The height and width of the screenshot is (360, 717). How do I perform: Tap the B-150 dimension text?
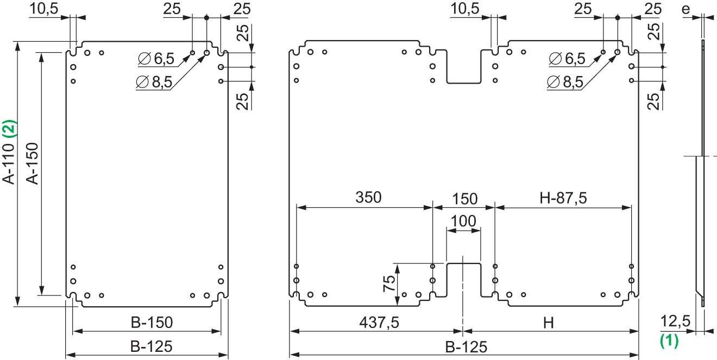[x=147, y=323]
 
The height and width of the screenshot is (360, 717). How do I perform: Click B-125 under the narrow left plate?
[x=147, y=346]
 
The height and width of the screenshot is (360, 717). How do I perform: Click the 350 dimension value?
[x=368, y=198]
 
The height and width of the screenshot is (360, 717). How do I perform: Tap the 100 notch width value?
[x=463, y=222]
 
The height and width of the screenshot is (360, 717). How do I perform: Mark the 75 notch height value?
[x=389, y=283]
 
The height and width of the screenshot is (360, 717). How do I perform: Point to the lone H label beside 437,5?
[x=549, y=323]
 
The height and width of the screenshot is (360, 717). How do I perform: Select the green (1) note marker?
[x=669, y=341]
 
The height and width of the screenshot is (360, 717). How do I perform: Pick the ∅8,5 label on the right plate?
[x=565, y=82]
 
